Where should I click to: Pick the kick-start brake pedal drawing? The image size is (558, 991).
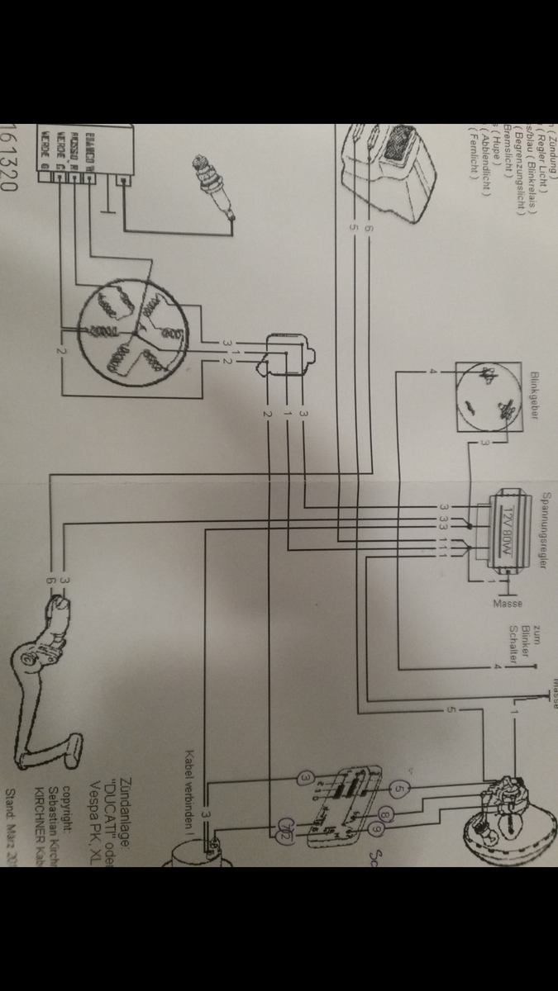point(51,677)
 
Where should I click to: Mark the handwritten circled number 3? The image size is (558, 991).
point(305,777)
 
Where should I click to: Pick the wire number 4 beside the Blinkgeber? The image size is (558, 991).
point(432,372)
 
